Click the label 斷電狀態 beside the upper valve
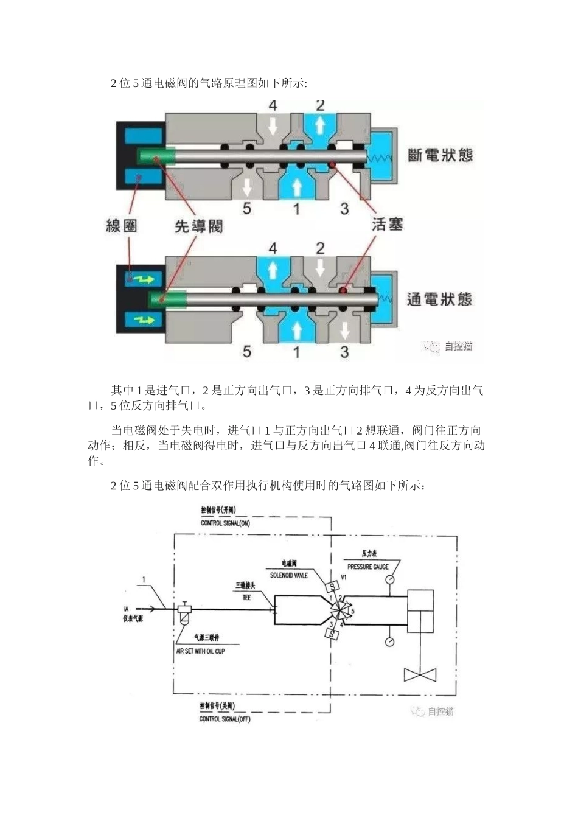coord(440,155)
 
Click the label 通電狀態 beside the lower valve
coord(439,299)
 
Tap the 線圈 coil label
coord(122,226)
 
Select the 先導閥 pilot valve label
coord(198,226)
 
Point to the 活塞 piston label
coord(388,224)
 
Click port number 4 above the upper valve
coord(273,106)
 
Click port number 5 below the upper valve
coord(247,208)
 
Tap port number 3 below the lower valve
coord(344,352)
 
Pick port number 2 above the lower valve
coord(320,248)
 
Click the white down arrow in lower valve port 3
coord(344,330)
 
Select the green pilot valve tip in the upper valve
coord(156,157)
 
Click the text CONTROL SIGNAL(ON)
coord(225,523)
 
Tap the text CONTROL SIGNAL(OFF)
coord(225,719)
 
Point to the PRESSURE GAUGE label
coord(368,567)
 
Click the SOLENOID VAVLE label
coord(289,575)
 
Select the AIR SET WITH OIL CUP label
coord(200,651)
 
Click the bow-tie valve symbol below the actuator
coord(420,675)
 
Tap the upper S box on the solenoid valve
coord(332,587)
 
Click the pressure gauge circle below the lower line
coord(389,642)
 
